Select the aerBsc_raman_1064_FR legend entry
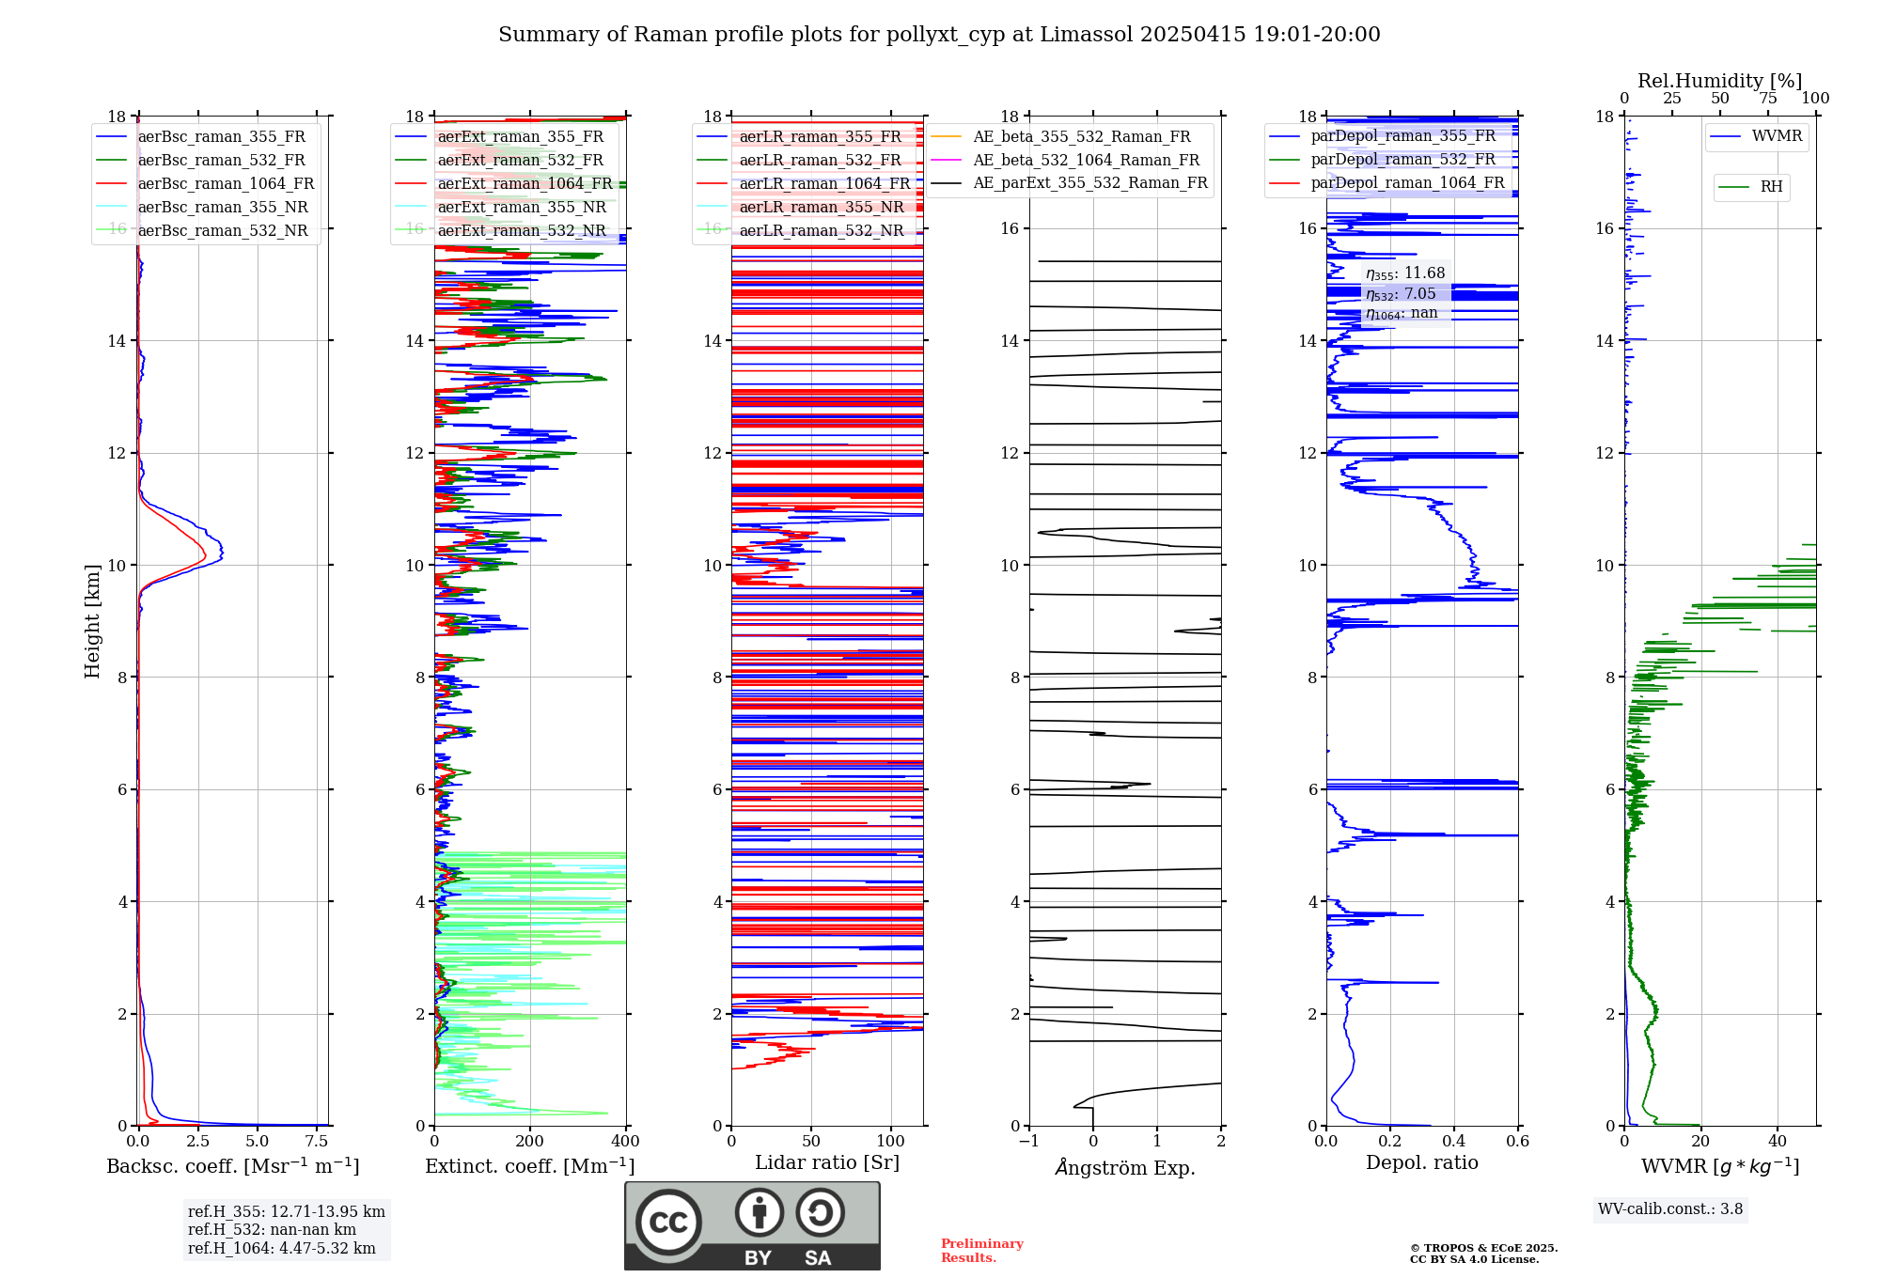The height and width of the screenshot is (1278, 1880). tap(226, 184)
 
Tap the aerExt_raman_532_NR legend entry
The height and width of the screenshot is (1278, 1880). tap(522, 231)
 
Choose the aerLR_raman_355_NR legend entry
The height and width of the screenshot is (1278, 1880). tap(821, 208)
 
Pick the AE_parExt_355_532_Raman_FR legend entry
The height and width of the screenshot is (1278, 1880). tap(1089, 183)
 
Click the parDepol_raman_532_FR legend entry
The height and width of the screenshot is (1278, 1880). tap(1402, 160)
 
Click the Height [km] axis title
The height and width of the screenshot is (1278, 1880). tap(92, 620)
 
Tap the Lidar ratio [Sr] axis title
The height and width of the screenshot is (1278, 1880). tap(827, 1162)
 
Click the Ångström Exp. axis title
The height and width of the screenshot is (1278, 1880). tap(1125, 1168)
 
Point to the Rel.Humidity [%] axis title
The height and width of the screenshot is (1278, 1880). tap(1719, 81)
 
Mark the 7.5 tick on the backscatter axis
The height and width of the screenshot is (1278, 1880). tap(317, 1142)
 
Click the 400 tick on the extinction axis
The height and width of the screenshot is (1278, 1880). tap(626, 1142)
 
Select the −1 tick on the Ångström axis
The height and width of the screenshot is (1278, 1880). tap(1029, 1142)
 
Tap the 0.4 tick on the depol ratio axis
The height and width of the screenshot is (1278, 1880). tap(1454, 1142)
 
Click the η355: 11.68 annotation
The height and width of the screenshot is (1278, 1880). tap(1405, 273)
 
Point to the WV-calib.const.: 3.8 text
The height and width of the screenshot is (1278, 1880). tap(1670, 1209)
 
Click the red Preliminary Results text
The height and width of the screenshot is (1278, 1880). tap(981, 1251)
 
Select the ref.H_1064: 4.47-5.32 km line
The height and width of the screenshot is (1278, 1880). tap(282, 1249)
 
